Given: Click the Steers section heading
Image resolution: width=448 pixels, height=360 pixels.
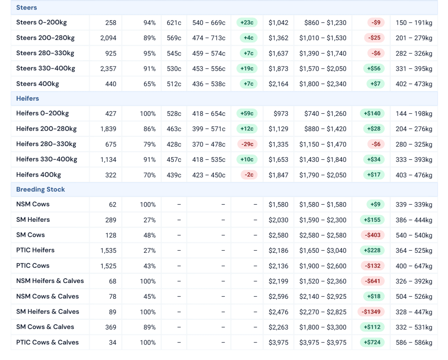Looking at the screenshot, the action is coord(27,7).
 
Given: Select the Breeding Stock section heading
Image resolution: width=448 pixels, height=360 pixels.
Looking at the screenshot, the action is coord(41,189).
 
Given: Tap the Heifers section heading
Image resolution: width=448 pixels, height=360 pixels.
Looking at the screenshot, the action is coord(28,98).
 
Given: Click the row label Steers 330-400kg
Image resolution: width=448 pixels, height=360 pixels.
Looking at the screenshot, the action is coord(45,69).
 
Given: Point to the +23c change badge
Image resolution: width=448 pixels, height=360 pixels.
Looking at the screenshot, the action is coord(247,23).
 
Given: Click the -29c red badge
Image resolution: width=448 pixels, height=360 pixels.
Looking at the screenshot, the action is coord(248,144).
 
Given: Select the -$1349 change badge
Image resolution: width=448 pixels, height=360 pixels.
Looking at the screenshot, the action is coord(371,312).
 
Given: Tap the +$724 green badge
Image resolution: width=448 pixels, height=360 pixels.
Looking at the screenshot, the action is coord(372,343).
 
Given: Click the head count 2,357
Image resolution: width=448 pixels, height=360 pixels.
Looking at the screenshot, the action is coord(108,69).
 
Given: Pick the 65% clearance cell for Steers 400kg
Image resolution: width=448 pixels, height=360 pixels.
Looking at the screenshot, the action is coord(150,84).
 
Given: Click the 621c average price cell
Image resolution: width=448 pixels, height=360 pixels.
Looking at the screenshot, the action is coord(174,23).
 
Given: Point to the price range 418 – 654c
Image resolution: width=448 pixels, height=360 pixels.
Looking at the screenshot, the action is coord(209,114).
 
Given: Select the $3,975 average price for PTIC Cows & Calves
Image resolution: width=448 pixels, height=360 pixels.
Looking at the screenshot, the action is coord(278,343).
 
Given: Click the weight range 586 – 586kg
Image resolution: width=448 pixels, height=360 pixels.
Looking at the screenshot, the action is coord(414,343).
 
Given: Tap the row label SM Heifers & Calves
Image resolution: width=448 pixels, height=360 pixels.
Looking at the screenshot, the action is coord(48,312).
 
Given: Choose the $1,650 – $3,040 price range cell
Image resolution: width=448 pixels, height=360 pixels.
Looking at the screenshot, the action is coord(323,251).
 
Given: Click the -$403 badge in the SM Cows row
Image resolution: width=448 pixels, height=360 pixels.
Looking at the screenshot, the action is coord(372,235).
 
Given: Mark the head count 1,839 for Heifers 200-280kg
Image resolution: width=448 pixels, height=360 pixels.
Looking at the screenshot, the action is coord(108,129).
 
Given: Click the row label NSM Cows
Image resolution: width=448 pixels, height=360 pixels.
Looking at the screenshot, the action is coord(33,204).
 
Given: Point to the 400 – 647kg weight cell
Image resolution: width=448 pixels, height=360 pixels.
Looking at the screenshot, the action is coord(414,266).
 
